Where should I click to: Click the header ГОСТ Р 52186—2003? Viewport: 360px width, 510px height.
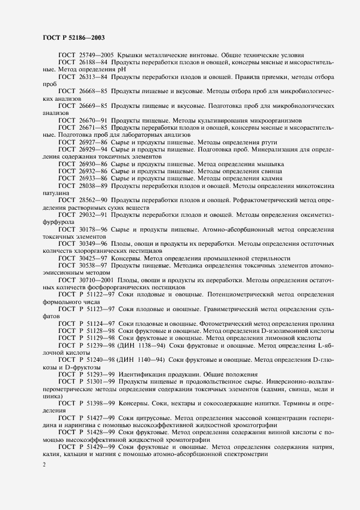point(74,38)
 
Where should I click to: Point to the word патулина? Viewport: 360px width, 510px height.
point(56,193)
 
